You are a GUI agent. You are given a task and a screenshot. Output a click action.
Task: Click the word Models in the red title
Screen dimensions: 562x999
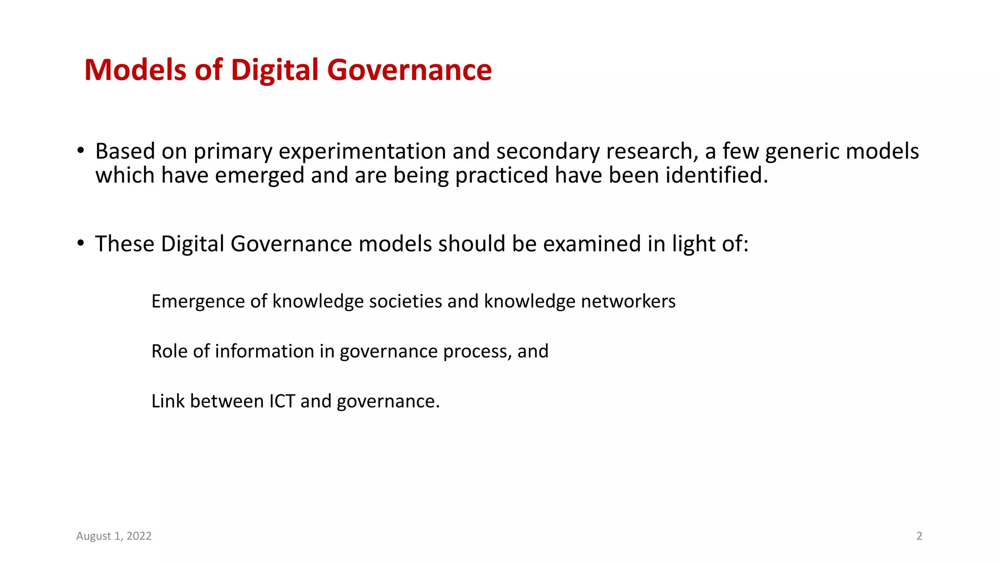136,70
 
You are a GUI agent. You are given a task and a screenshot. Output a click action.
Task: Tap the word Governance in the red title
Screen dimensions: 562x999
409,70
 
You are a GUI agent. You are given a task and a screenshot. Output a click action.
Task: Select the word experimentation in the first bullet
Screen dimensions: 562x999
363,152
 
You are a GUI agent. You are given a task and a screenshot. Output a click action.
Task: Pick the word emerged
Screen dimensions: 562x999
260,176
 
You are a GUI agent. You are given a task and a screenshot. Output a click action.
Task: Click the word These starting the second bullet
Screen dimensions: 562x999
124,244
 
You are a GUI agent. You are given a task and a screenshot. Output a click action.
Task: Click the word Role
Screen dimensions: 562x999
169,351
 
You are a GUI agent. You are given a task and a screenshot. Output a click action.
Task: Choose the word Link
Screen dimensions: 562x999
167,401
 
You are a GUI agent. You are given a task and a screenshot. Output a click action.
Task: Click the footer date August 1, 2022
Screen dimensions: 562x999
114,536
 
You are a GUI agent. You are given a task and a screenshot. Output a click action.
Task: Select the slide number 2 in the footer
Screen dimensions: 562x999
919,536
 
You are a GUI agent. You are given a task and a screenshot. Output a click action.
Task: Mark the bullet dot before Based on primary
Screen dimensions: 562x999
80,150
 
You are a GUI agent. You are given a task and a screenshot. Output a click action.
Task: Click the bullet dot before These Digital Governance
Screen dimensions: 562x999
80,243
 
